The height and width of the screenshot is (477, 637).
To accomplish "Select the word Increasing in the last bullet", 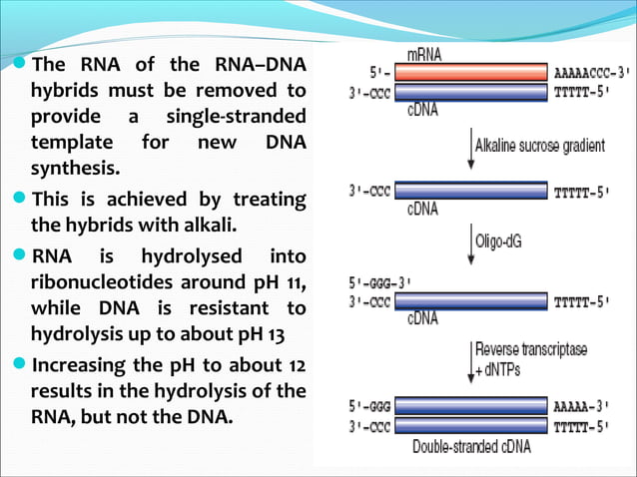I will click(x=81, y=366).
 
